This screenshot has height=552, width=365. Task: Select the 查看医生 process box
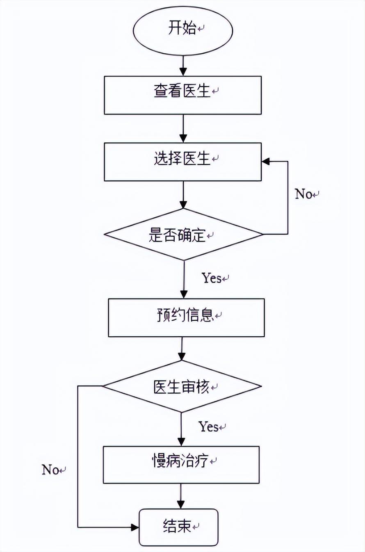click(182, 95)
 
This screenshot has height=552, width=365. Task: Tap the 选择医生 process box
click(182, 162)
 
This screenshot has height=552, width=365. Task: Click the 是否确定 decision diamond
click(182, 235)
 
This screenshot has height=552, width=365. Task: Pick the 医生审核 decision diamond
click(182, 386)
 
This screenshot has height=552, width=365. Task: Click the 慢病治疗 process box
click(181, 464)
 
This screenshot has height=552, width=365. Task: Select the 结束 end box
click(178, 527)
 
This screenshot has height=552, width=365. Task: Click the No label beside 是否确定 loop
click(304, 194)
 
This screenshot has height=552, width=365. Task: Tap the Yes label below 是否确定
click(212, 278)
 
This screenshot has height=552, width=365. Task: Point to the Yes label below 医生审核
click(209, 427)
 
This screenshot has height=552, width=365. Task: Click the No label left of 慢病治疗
click(51, 470)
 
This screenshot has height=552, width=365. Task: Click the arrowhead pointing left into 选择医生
click(267, 162)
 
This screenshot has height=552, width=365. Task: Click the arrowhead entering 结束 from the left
click(135, 527)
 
